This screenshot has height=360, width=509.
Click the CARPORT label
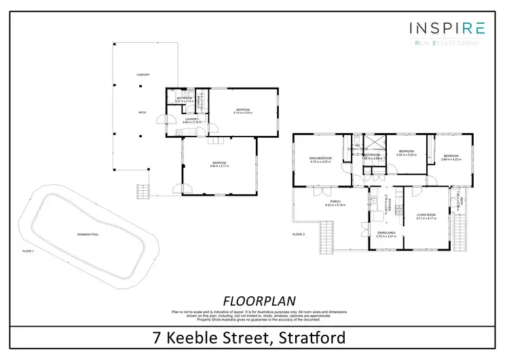(143, 75)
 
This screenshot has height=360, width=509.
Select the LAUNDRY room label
(191, 119)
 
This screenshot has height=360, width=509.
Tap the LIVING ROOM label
(426, 215)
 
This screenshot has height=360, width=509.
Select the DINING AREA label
(385, 232)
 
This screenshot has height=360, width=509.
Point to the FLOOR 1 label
(28, 251)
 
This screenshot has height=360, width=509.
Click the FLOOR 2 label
(299, 234)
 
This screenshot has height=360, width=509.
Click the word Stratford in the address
(309, 338)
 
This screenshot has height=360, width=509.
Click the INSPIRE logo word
(447, 29)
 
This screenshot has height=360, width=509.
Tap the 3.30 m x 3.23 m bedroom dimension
(407, 155)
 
